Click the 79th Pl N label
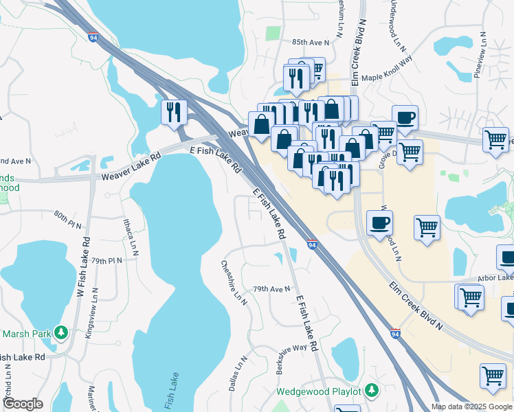pyautogui.click(x=107, y=261)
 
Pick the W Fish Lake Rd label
pyautogui.click(x=84, y=267)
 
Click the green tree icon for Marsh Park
pyautogui.click(x=60, y=334)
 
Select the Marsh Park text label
pyautogui.click(x=26, y=334)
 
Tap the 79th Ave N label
pyautogui.click(x=272, y=289)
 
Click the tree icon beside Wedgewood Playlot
pyautogui.click(x=371, y=391)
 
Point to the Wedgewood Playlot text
pyautogui.click(x=318, y=391)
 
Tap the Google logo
pyautogui.click(x=23, y=404)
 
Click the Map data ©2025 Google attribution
pyautogui.click(x=471, y=407)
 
